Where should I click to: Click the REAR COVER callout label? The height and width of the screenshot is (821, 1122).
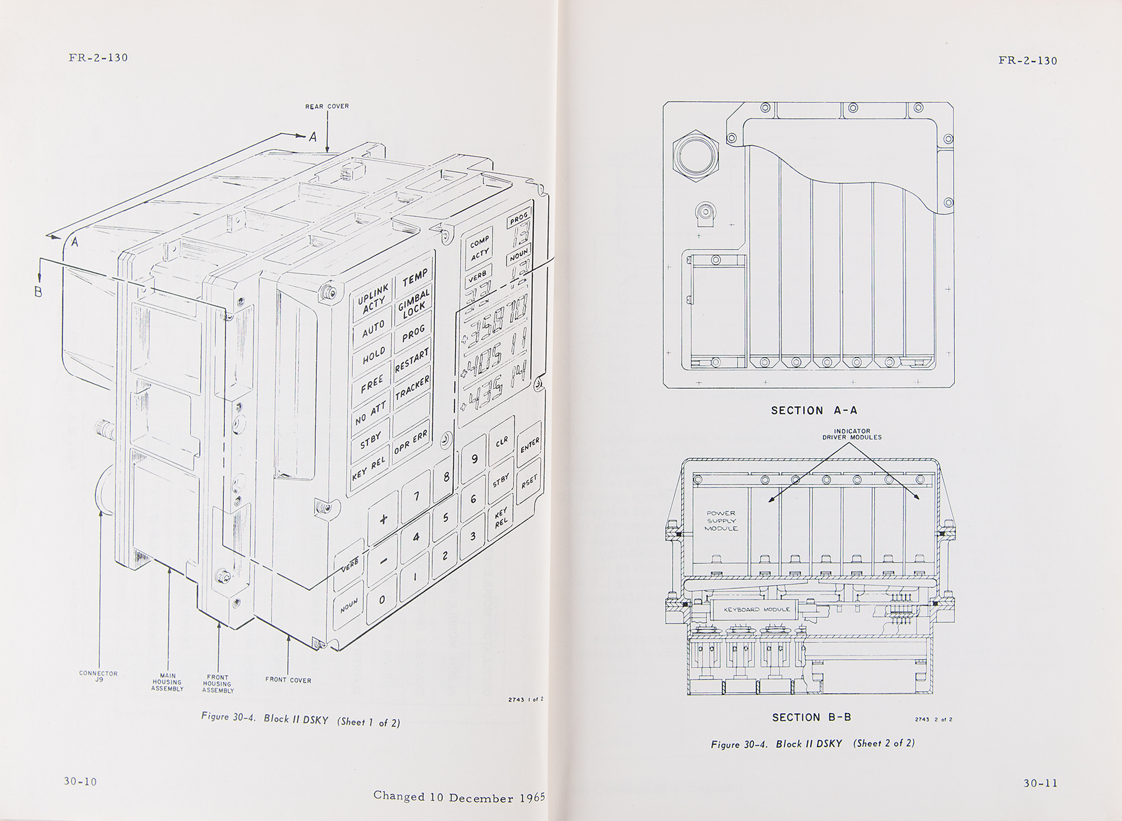coord(327,106)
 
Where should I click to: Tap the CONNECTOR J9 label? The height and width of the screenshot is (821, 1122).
coord(99,676)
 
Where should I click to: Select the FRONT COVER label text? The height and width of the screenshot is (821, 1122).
coord(288,680)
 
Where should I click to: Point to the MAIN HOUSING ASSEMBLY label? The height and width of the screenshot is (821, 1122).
coord(167,682)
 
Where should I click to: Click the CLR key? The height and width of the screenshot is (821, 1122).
coord(502,441)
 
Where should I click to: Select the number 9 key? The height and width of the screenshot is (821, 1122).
coord(474,459)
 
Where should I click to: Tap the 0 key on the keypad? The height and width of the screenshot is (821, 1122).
coord(382,600)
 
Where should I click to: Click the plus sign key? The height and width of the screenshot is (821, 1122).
coord(384,519)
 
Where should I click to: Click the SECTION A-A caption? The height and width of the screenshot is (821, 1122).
coord(814,411)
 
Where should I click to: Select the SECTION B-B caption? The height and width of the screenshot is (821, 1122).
coord(812,718)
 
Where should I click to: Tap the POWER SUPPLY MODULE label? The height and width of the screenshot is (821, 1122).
coord(721,521)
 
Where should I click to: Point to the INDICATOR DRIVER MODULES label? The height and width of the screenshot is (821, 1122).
coord(852,434)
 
